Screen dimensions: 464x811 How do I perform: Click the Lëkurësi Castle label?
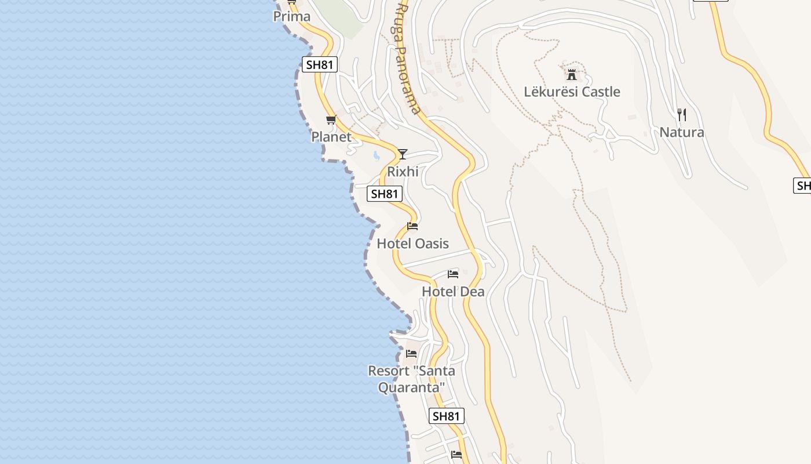coord(572,92)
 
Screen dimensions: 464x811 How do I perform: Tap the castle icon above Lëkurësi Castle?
coord(572,75)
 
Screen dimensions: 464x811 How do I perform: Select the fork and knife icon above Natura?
coord(682,115)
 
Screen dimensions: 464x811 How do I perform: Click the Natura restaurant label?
coord(682,132)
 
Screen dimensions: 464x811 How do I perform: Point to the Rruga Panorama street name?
coord(407,58)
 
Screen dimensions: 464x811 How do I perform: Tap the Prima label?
coord(292,16)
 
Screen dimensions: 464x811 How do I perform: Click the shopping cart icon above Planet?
coord(331,120)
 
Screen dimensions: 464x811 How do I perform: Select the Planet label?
coord(331,137)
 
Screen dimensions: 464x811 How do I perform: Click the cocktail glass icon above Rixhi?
coord(403,154)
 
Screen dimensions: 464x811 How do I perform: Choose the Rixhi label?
coord(403,172)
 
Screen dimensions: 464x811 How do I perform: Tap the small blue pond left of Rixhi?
coord(377,155)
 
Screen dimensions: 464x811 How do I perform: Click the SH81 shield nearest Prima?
coord(320,64)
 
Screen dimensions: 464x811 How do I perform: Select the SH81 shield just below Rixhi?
coord(385,194)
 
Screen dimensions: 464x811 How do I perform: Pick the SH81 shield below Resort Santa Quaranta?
coord(447,416)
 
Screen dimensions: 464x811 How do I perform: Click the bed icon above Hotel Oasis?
coord(412,226)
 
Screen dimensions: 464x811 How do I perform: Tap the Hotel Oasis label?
coord(412,244)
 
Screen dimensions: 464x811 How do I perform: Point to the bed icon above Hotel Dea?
coord(453,274)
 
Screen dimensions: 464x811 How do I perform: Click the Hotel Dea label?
coord(453,291)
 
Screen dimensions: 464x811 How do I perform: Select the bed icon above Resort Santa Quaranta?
coord(411,353)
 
